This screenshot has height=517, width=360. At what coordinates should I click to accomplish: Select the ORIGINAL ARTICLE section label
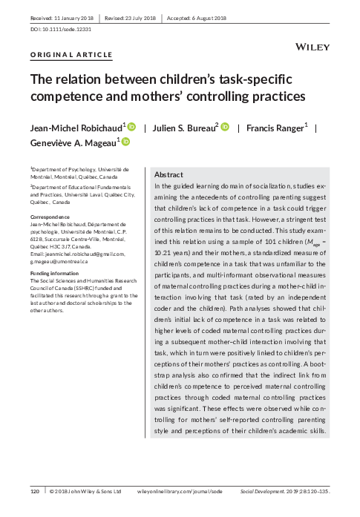[71, 56]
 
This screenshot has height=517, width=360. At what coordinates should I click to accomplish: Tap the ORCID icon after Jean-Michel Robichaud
[131, 127]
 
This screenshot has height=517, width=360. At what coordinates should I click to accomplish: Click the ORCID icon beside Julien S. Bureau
[224, 127]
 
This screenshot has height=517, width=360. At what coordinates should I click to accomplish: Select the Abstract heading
[169, 174]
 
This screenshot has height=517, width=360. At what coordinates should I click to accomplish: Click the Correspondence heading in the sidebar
[53, 217]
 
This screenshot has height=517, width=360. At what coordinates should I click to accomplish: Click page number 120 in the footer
[34, 492]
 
